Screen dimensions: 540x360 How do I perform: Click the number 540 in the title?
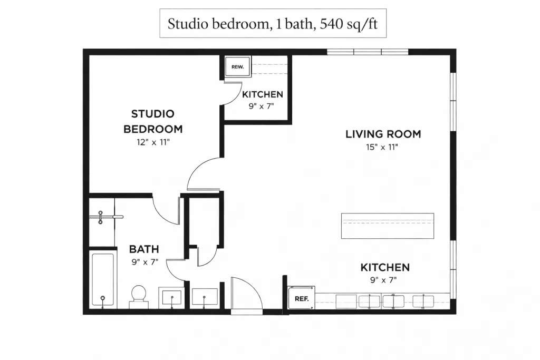coord(331,24)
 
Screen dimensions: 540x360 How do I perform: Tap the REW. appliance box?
coord(238,67)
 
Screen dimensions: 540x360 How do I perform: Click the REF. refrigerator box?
coord(301,298)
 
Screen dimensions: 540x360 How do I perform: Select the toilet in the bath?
coord(139,297)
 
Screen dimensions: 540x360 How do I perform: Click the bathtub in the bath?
coord(103,280)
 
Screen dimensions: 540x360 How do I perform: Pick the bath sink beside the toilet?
coord(171,298)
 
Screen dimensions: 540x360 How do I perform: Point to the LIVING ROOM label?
coord(383,134)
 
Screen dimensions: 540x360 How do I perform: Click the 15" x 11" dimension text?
coord(382,147)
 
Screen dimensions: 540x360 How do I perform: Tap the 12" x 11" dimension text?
coord(153,142)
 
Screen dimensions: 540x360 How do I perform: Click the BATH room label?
coord(144,249)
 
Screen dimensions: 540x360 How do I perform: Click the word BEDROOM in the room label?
coord(153,129)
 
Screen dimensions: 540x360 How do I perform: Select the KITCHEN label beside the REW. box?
coord(263,94)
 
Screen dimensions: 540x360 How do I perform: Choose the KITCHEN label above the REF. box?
coord(385,267)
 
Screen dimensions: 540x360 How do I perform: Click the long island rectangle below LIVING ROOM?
coord(388,226)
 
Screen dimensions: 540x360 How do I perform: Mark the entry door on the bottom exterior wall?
coord(247,296)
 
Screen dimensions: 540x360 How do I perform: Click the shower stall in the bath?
coord(102,222)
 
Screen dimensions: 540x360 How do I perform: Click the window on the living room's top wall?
coord(368,52)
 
